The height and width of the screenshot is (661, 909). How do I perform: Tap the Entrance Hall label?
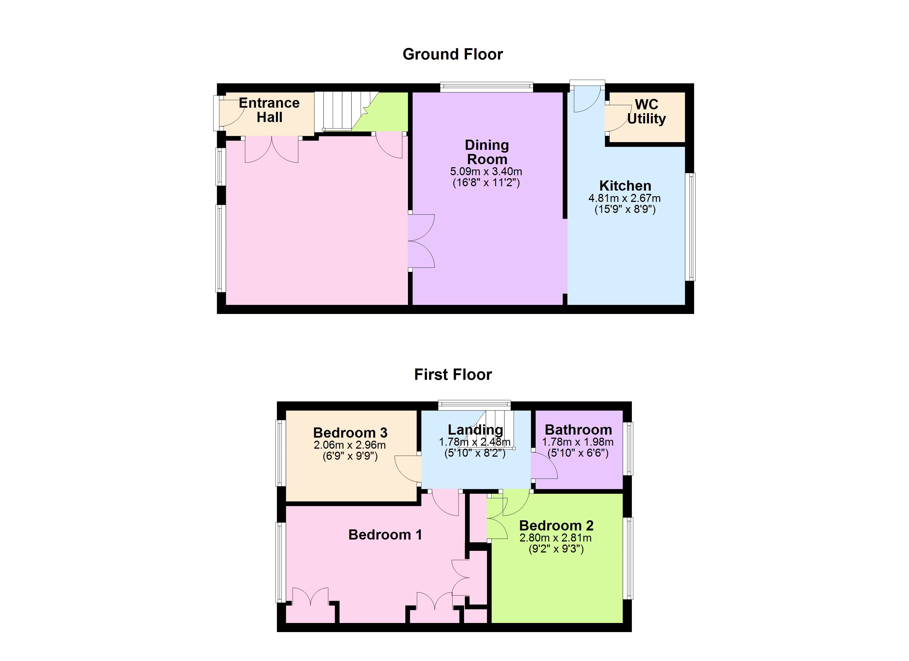[x=269, y=110]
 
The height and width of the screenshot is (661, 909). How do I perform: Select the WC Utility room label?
[x=646, y=112]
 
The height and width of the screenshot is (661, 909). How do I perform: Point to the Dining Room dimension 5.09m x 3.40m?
[x=486, y=172]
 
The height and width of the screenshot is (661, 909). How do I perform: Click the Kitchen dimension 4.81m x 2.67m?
[x=624, y=198]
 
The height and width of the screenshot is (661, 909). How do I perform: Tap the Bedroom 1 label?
[x=385, y=535]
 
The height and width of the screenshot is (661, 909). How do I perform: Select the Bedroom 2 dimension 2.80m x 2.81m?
[x=556, y=538]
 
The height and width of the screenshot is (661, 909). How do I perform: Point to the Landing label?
[x=475, y=430]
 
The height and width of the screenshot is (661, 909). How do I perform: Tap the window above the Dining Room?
[x=486, y=87]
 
